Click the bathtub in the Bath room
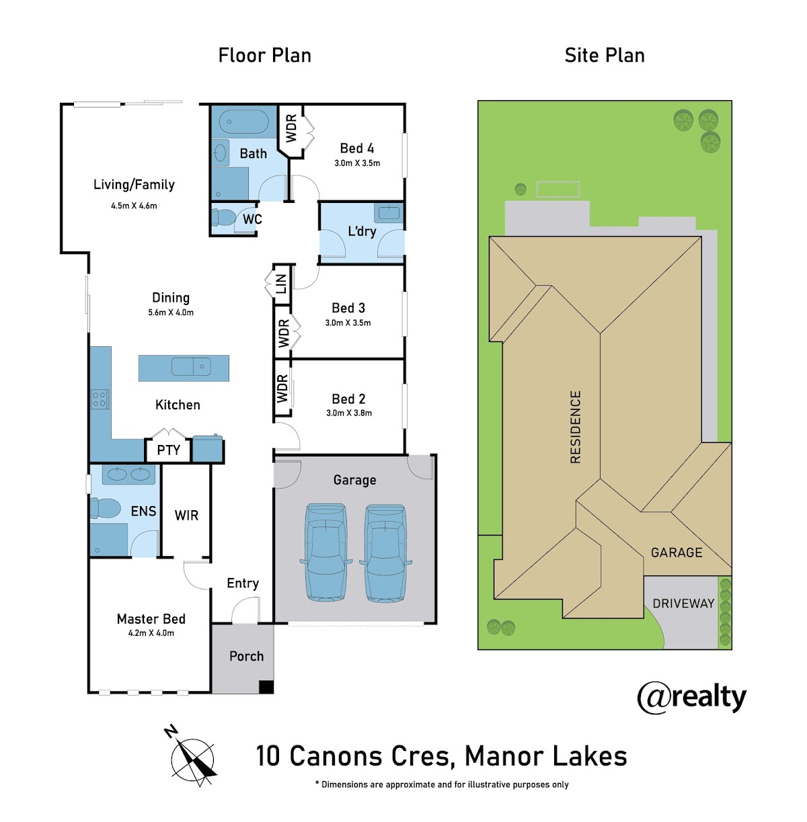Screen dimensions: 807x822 pos(243,122)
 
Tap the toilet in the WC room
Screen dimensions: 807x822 pos(223,218)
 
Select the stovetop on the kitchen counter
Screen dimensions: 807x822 pos(100,399)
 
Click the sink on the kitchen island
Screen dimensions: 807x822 pos(191,366)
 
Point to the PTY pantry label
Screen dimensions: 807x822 pos(168,450)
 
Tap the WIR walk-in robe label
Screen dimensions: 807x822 pos(186,516)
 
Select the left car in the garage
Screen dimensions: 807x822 pos(325,553)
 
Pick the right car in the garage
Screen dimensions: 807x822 pos(385,553)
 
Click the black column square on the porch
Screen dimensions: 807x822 pos(266,687)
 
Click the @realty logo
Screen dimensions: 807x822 pos(691,698)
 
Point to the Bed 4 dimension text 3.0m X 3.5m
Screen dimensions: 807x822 pos(357,163)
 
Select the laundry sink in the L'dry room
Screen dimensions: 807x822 pos(388,212)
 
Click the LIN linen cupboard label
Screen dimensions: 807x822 pos(280,284)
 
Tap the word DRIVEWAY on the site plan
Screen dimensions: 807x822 pos(683,604)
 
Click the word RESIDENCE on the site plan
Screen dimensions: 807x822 pos(575,427)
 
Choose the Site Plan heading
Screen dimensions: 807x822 pos(604,56)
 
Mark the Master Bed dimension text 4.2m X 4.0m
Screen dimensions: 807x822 pos(151,633)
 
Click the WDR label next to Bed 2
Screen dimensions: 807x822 pos(282,388)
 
